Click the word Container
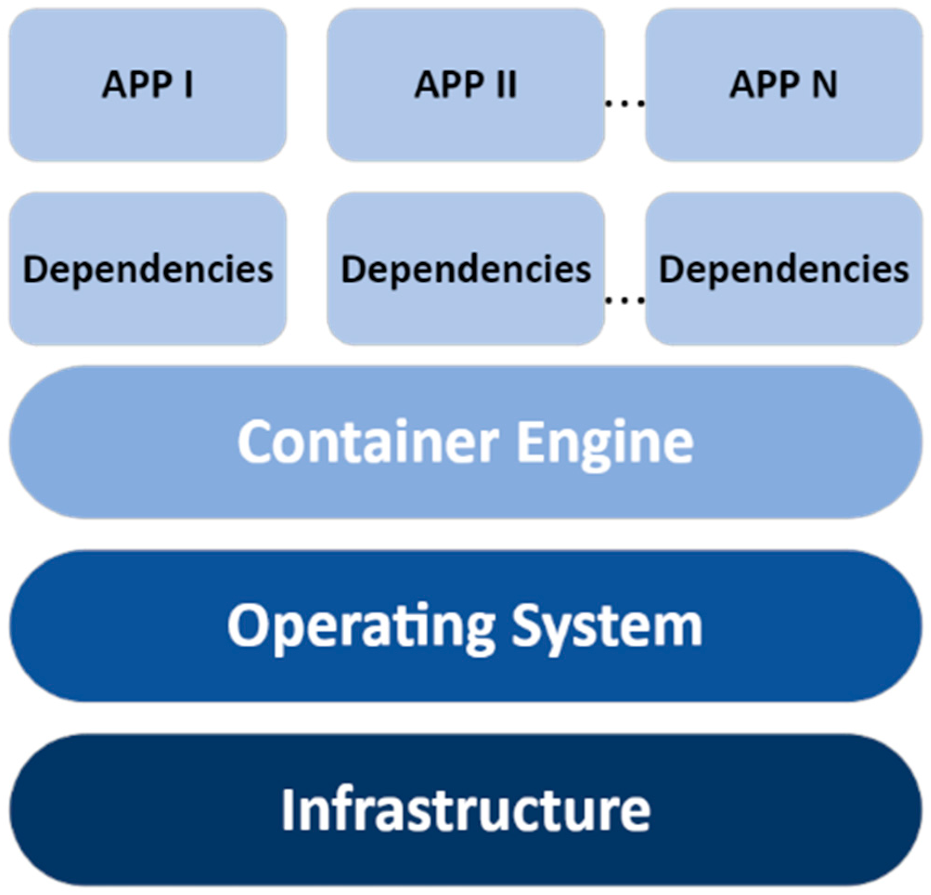point(368,442)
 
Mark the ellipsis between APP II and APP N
point(625,103)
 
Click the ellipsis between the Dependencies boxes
point(625,300)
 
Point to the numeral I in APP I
point(189,84)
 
